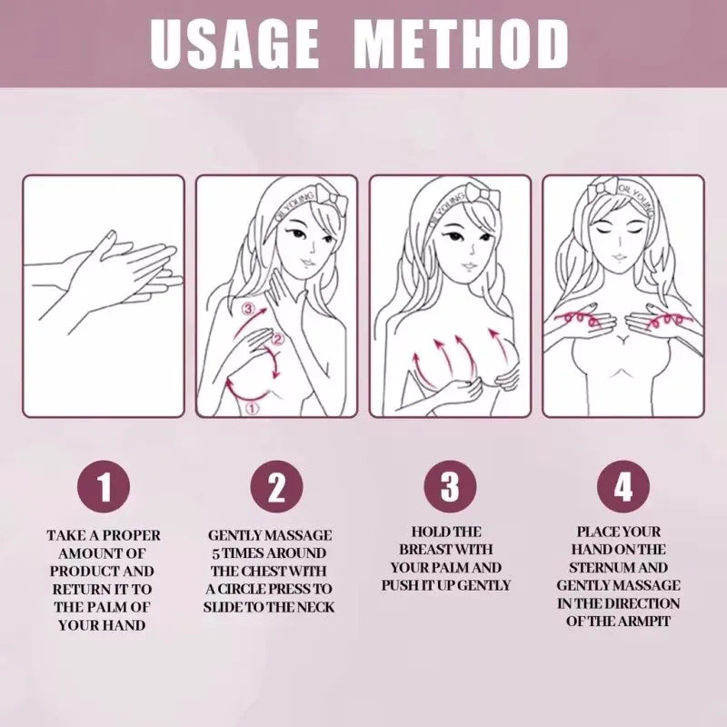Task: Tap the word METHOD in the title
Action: tap(461, 43)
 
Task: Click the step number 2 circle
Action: tap(276, 488)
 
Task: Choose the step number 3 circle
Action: tap(450, 488)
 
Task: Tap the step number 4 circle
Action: tap(622, 488)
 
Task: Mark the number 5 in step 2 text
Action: tap(215, 553)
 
